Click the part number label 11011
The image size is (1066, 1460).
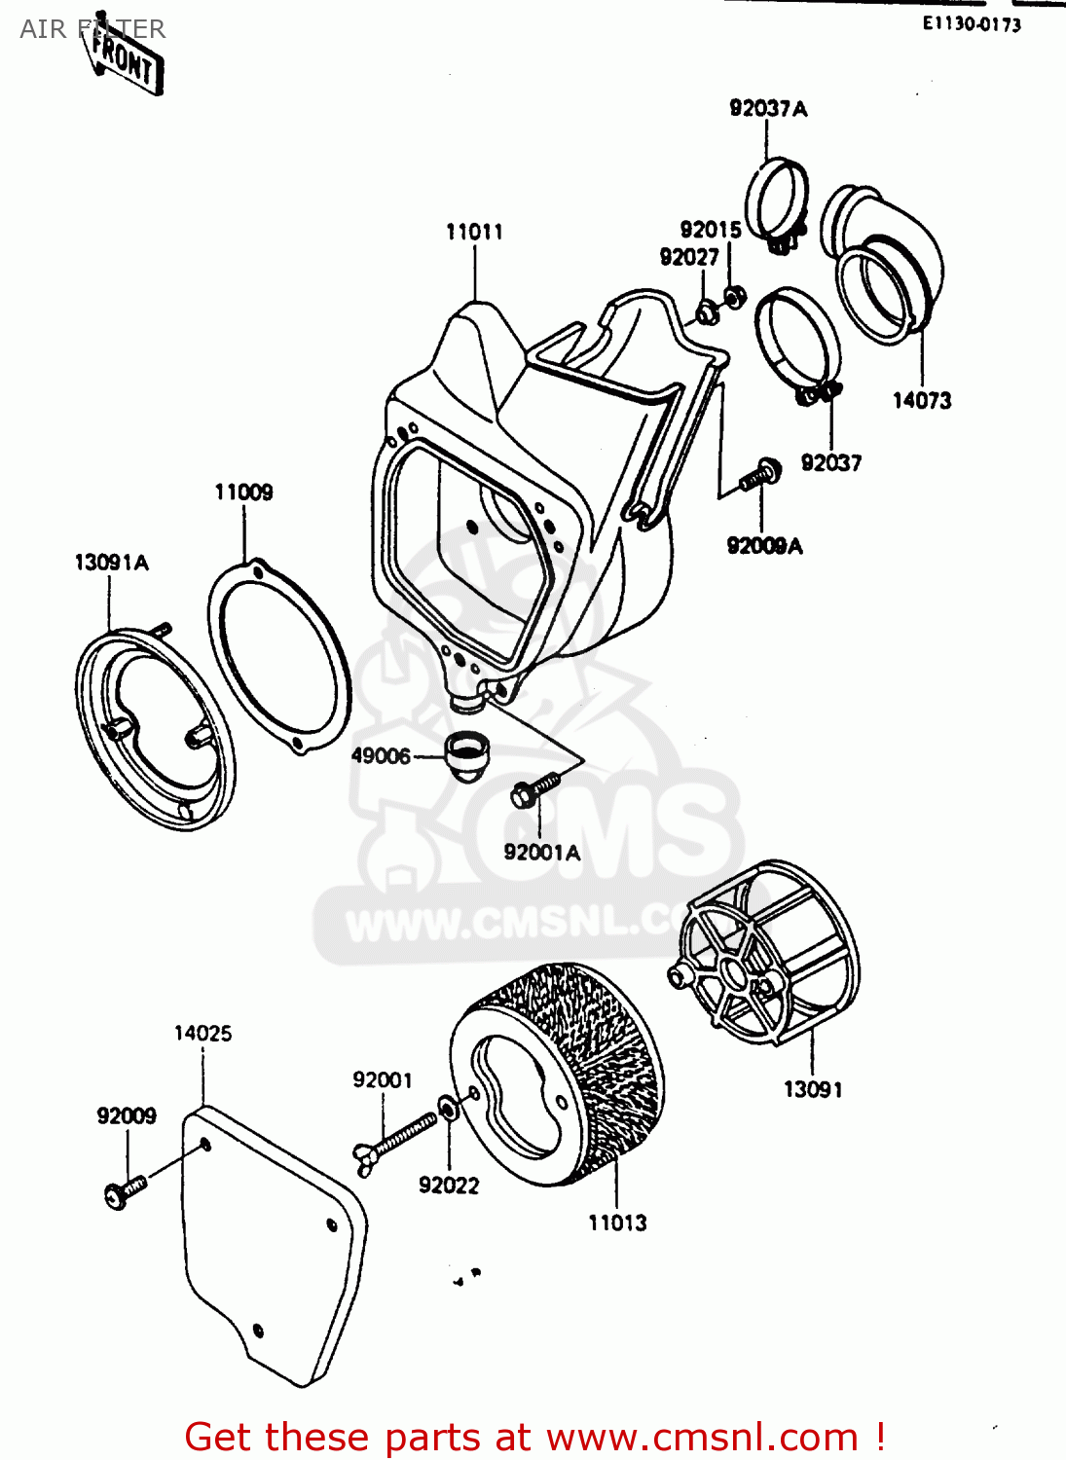[x=474, y=232]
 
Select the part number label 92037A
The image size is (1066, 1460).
[x=768, y=109]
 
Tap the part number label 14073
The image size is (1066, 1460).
[x=921, y=400]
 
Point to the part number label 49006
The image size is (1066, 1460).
[x=381, y=756]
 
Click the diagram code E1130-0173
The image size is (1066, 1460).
[x=972, y=24]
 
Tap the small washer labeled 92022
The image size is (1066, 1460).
[x=448, y=1109]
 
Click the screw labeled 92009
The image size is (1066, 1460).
[x=122, y=1190]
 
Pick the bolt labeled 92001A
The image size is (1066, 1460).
[x=533, y=787]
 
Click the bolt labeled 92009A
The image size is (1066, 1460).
[x=759, y=476]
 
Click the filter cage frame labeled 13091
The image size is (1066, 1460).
[x=769, y=954]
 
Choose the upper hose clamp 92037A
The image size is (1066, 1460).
[x=776, y=201]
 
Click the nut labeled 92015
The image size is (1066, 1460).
[x=736, y=294]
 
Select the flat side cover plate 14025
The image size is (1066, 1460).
[x=273, y=1246]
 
